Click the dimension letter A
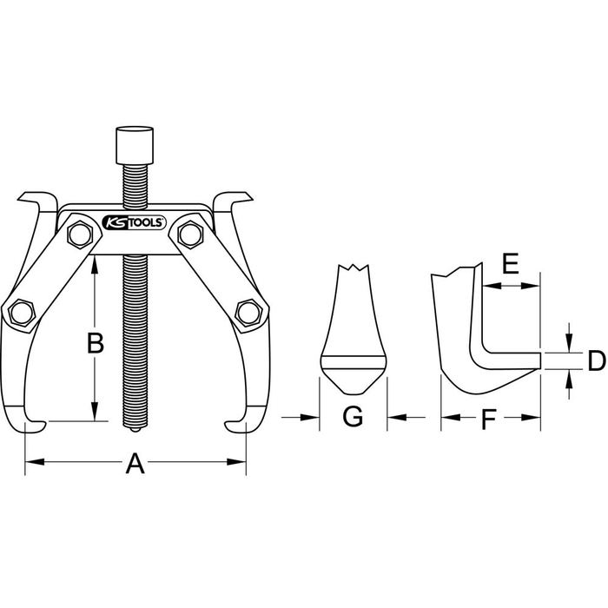(135, 463)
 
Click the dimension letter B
(96, 343)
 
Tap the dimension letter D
(597, 360)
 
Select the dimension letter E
(511, 263)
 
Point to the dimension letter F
(488, 420)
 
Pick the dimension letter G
(353, 417)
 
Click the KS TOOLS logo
(134, 223)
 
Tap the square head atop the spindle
(135, 145)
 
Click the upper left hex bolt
(80, 235)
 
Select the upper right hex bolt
(190, 235)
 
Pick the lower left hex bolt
(22, 312)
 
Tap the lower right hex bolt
(248, 312)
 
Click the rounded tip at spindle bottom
(135, 430)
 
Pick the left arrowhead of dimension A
(34, 462)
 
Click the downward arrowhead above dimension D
(569, 343)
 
